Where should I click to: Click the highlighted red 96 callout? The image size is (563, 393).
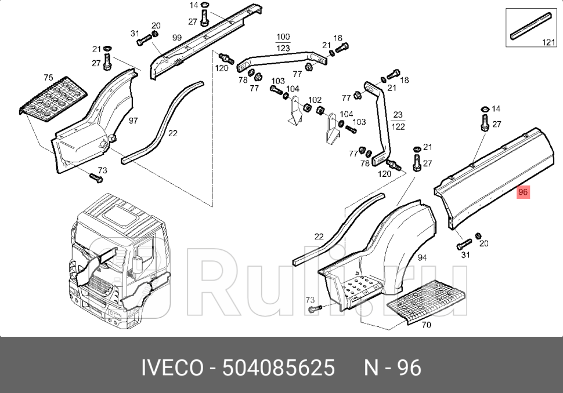[x=523, y=192]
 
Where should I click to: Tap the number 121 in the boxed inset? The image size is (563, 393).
[x=548, y=42]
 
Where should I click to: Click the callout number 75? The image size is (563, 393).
[x=48, y=78]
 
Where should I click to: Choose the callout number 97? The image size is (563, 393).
[x=133, y=120]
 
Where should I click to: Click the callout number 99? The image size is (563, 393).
[x=177, y=38]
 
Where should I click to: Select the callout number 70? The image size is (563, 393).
[x=426, y=325]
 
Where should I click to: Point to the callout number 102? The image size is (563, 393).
[x=315, y=100]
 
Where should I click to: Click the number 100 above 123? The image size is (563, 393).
[x=283, y=37]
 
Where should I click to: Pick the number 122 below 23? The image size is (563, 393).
[x=398, y=126]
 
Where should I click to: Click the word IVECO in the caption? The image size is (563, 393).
[x=172, y=368]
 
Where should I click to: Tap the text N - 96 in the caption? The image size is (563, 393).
[x=392, y=368]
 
